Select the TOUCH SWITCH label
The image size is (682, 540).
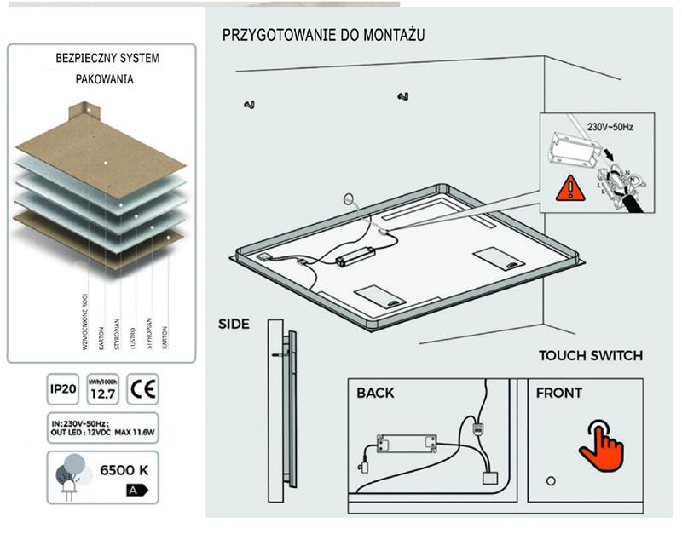(590, 355)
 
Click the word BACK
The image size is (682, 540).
(375, 394)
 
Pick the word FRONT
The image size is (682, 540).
(558, 394)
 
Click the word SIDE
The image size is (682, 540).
(234, 324)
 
